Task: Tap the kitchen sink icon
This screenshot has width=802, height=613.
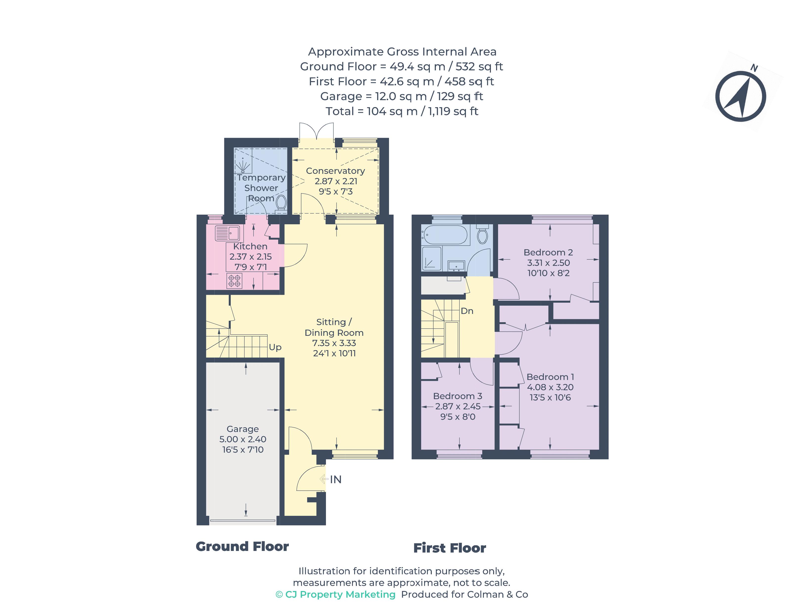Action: [227, 233]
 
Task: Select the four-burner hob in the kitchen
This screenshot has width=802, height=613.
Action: [234, 281]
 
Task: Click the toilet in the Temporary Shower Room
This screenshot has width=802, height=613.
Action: [281, 203]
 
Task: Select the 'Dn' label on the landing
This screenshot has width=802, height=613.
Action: [467, 311]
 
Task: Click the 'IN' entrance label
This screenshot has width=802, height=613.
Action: [335, 479]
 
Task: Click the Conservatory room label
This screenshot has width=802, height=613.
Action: [335, 171]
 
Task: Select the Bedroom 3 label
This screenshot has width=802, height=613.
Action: [457, 396]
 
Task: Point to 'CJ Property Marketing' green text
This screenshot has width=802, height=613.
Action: [340, 594]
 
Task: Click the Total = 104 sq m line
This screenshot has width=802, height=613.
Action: [401, 111]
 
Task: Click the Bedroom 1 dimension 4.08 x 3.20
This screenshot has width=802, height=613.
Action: [550, 387]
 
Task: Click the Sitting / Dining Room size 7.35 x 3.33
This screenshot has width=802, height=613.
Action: [334, 343]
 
